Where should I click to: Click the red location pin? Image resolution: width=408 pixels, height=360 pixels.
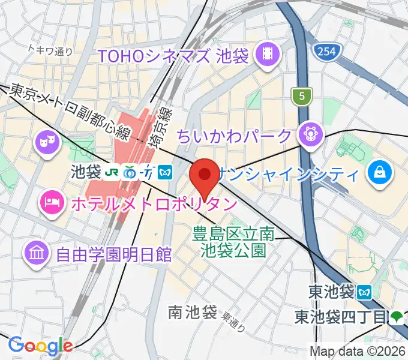(x=204, y=175)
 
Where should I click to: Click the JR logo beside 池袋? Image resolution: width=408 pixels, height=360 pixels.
(x=112, y=172)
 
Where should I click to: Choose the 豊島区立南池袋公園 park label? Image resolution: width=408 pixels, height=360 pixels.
(x=233, y=241)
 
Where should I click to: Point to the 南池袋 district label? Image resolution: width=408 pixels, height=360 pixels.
(x=192, y=312)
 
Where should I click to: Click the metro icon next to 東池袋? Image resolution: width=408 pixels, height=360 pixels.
(x=364, y=292)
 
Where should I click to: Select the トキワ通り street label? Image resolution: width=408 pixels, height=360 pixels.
(x=50, y=52)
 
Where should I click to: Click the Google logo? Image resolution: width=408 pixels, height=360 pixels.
(x=40, y=346)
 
